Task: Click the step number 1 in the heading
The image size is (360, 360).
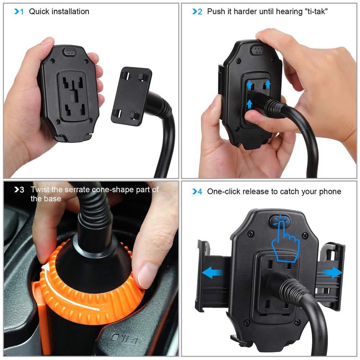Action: coord(22,12)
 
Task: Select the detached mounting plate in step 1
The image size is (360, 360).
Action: coord(131,96)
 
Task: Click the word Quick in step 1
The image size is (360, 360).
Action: coord(39,12)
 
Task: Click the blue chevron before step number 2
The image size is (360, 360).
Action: coord(195,12)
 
